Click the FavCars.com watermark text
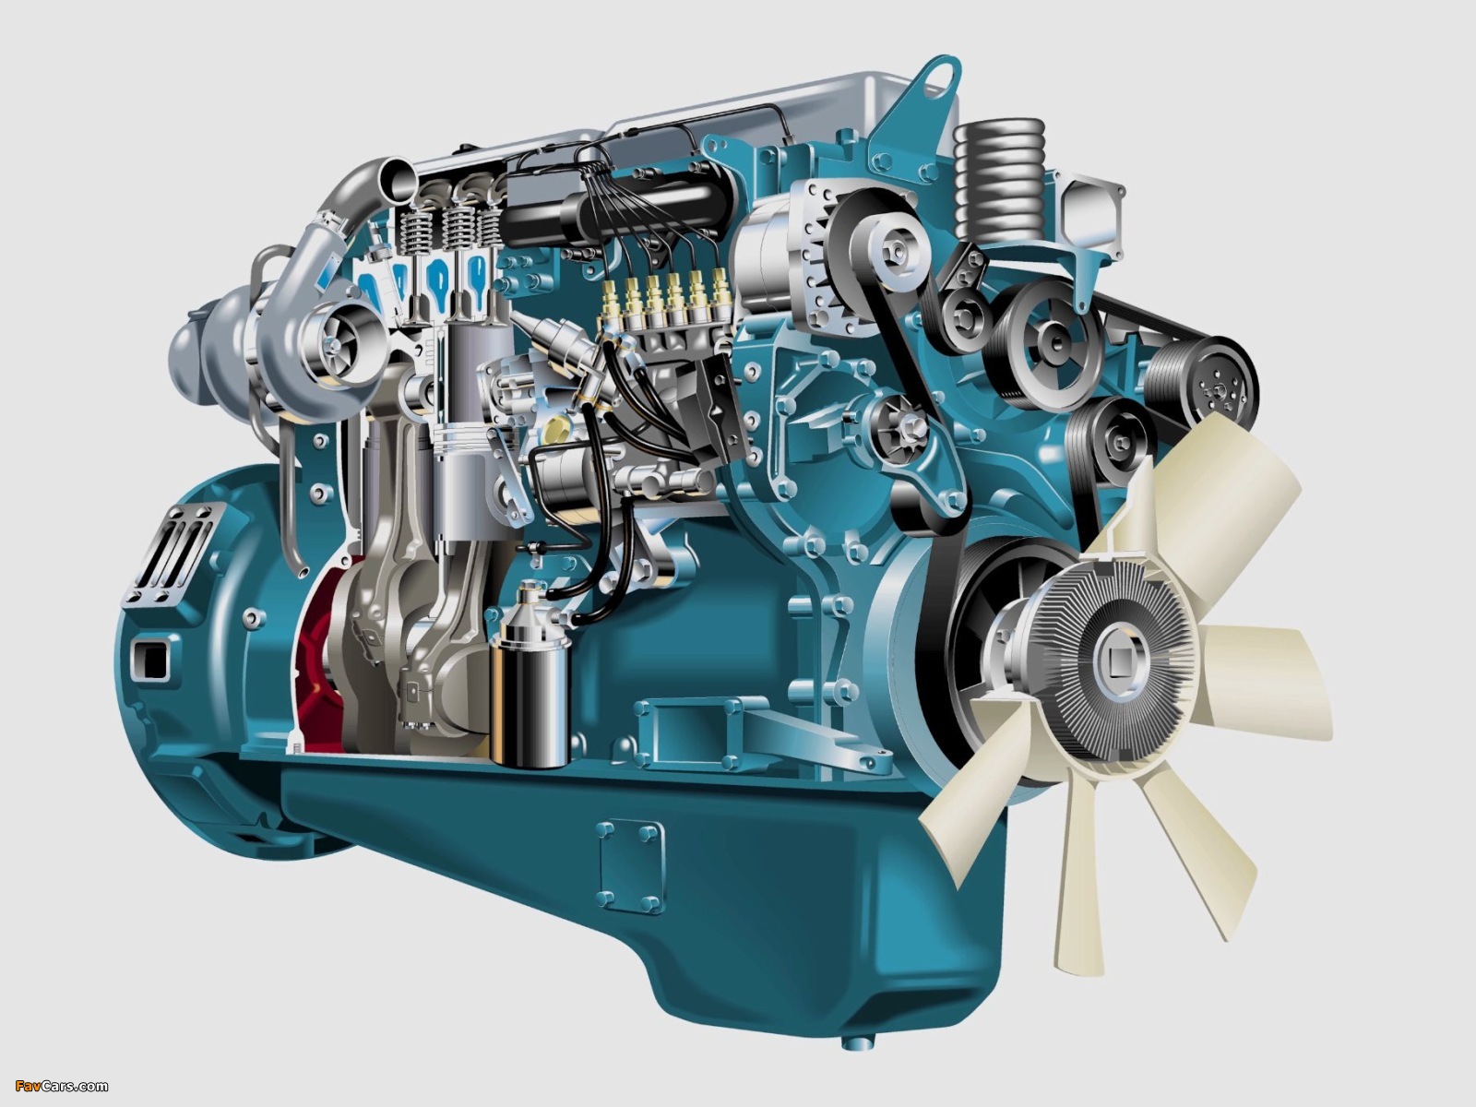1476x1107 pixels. (x=61, y=1086)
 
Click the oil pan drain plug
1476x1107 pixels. (x=859, y=1042)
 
